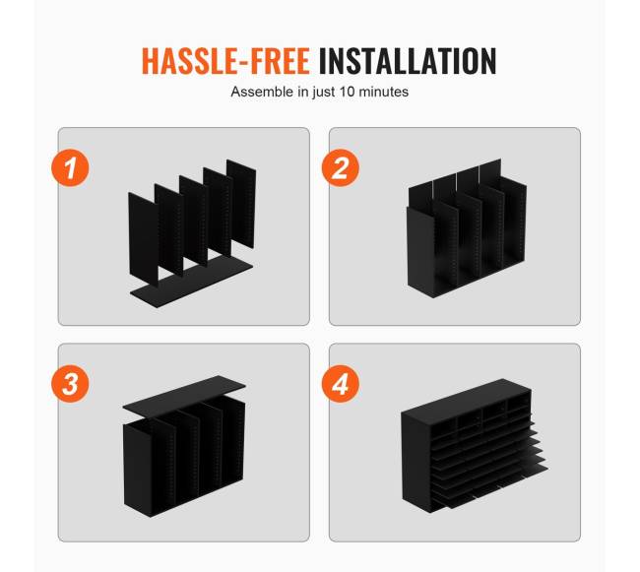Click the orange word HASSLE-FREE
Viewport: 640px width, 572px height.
coord(225,61)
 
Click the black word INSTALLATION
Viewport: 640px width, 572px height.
coord(408,61)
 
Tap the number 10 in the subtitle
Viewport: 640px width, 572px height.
coord(347,92)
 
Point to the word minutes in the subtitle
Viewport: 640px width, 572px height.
coord(383,92)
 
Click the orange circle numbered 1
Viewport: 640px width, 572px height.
coord(70,168)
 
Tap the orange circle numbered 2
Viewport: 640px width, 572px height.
coord(341,168)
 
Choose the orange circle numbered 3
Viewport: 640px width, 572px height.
coord(70,384)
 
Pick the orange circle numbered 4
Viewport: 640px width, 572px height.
coord(341,384)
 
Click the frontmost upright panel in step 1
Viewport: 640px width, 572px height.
coord(144,238)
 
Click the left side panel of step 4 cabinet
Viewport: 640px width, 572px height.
coord(416,461)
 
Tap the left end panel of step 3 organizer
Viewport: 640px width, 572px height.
coord(138,470)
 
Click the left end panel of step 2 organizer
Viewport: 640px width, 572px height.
coord(421,252)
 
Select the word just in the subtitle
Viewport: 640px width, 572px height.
coord(325,93)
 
